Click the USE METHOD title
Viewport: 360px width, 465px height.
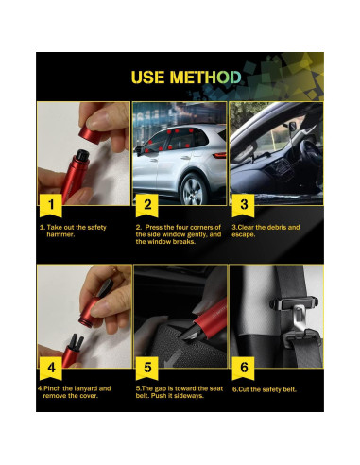[x=186, y=77]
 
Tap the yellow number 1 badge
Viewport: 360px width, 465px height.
[x=51, y=205]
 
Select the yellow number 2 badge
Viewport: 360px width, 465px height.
[x=147, y=205]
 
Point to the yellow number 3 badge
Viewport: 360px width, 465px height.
[x=243, y=205]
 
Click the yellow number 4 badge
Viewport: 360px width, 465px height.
[x=51, y=369]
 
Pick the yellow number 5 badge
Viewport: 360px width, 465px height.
[x=147, y=369]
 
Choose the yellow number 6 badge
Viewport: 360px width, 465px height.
[x=243, y=369]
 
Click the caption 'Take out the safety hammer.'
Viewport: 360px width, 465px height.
[x=73, y=231]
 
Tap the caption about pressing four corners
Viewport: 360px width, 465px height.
[x=179, y=234]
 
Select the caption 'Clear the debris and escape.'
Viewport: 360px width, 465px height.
[x=266, y=231]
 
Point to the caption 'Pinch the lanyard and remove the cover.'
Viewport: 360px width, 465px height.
[x=75, y=392]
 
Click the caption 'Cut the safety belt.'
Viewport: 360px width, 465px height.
[x=265, y=389]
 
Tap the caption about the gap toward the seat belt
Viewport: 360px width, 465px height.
[x=180, y=392]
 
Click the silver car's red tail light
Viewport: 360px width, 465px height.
[x=219, y=155]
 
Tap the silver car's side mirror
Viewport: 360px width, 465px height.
[x=140, y=150]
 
